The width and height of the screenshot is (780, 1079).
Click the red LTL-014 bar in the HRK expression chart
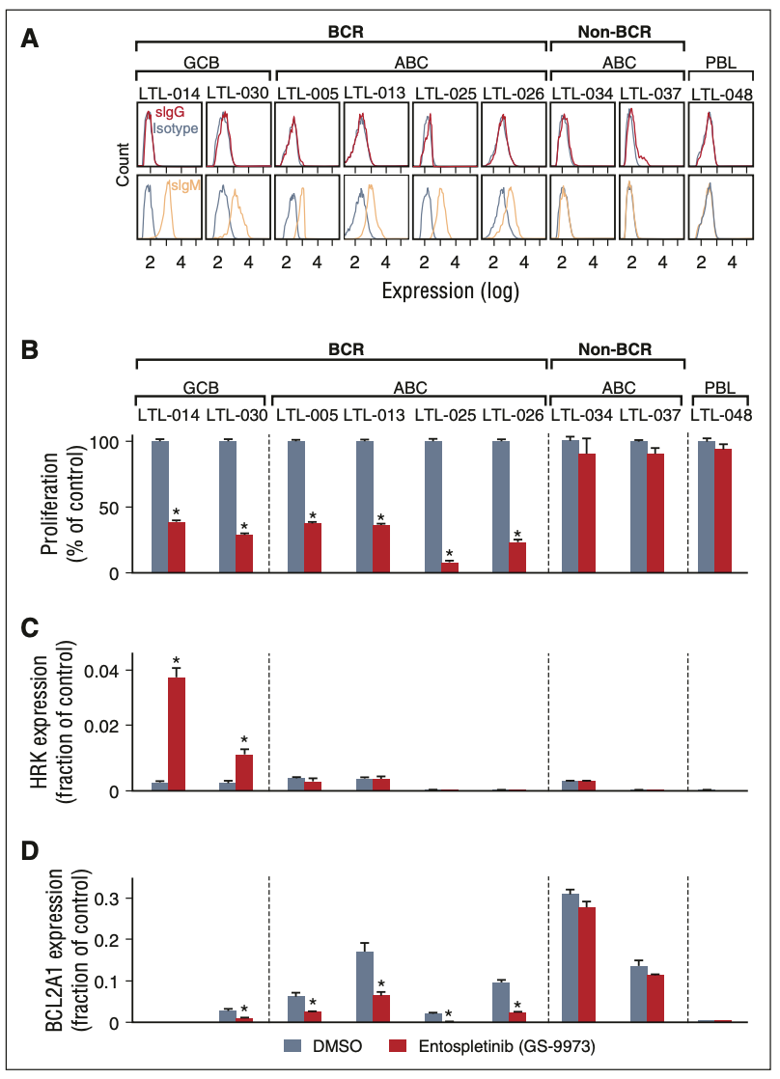177,733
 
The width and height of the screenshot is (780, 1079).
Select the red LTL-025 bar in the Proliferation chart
449,567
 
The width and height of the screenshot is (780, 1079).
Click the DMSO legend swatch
295,1046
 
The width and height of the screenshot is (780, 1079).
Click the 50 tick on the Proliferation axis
113,508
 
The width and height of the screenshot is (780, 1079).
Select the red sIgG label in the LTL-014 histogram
170,114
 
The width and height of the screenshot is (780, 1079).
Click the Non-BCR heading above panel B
615,348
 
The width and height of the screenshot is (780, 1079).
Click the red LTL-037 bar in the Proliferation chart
655,512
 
